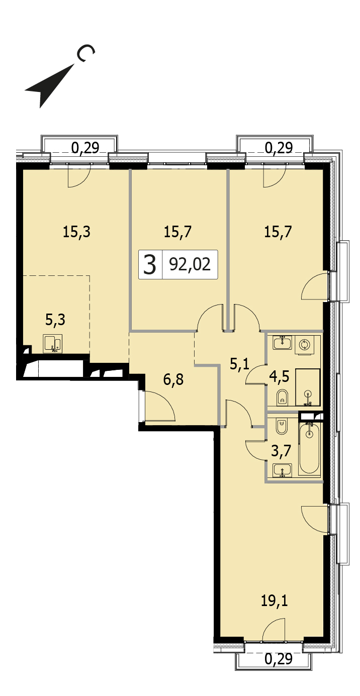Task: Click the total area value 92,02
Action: [x=190, y=264]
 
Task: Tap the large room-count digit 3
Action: [x=149, y=264]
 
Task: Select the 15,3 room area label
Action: [x=76, y=232]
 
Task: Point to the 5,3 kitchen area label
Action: [x=55, y=320]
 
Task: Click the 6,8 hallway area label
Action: [x=173, y=380]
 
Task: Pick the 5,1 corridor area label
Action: [x=239, y=363]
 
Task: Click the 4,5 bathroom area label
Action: [x=280, y=376]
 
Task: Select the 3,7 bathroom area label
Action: [x=281, y=451]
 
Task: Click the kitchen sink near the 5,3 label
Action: [x=53, y=343]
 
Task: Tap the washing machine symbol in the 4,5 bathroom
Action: [x=304, y=345]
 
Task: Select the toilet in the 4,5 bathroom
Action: [x=282, y=397]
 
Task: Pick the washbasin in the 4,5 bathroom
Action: [x=282, y=342]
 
